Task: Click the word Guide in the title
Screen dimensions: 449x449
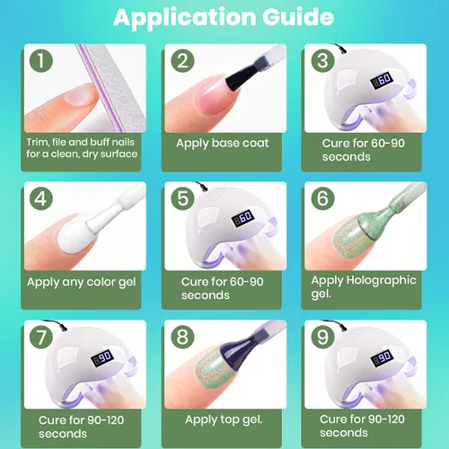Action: (298, 16)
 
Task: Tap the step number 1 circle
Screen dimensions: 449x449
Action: (41, 61)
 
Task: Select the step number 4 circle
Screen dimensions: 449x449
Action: (41, 198)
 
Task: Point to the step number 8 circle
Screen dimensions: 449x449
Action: (182, 337)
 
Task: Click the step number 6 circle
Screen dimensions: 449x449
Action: (322, 198)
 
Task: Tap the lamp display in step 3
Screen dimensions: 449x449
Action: (382, 80)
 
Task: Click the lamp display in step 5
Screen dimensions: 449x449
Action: (243, 218)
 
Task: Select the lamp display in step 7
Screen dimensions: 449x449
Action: (102, 357)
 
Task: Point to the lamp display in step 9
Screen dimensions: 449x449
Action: (382, 357)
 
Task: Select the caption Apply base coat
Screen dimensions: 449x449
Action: (223, 143)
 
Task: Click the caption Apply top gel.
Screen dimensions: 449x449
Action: (224, 419)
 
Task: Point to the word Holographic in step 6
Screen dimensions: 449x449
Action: (381, 281)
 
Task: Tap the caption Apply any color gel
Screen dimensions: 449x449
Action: (82, 282)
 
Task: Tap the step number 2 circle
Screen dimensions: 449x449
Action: (182, 61)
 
